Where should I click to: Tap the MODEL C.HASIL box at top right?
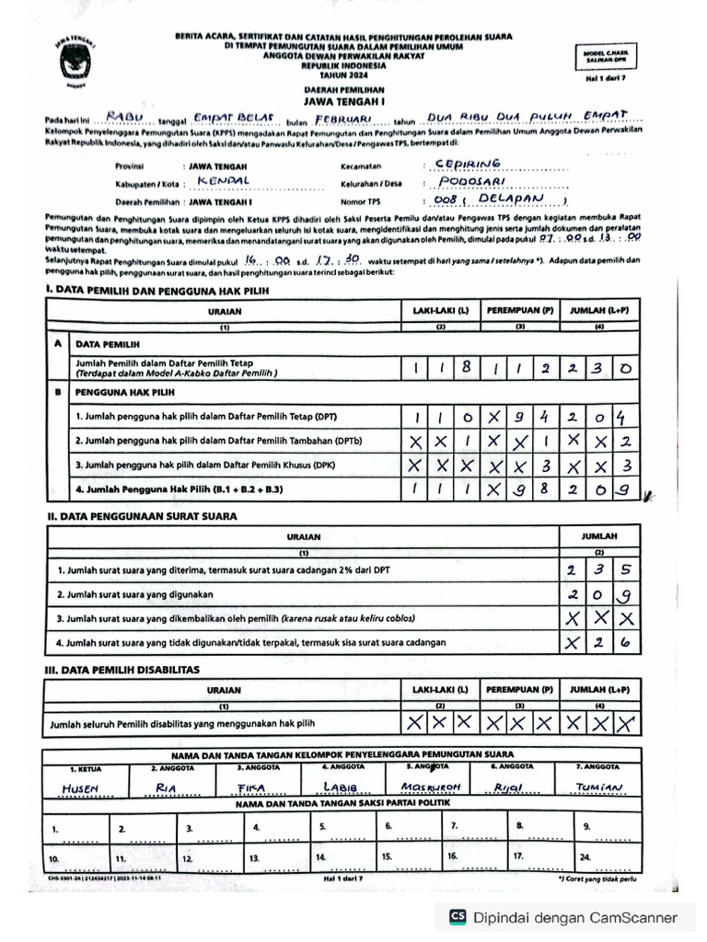pyautogui.click(x=606, y=57)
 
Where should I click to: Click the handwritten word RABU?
pyautogui.click(x=126, y=116)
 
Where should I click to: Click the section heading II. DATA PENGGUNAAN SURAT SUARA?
pyautogui.click(x=142, y=516)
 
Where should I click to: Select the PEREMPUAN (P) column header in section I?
pyautogui.click(x=520, y=312)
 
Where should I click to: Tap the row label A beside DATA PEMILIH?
pyautogui.click(x=59, y=342)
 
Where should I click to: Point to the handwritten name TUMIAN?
pyautogui.click(x=599, y=787)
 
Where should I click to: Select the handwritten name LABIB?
pyautogui.click(x=339, y=787)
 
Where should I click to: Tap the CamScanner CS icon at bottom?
pyautogui.click(x=457, y=916)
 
